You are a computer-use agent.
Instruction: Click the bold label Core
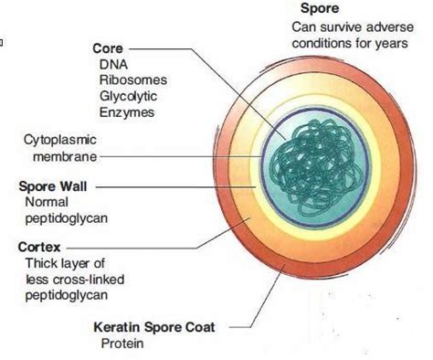click(108, 48)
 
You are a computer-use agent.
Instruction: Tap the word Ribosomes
click(130, 79)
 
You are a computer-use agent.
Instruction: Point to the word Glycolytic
click(129, 96)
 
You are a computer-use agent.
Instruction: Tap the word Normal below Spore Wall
click(47, 203)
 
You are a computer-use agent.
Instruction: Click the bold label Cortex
click(37, 246)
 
